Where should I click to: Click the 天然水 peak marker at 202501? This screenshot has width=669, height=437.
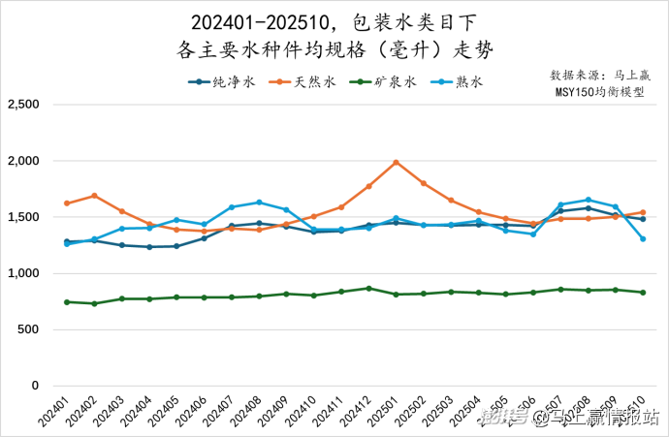coord(396,163)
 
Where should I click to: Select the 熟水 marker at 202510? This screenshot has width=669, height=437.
coord(642,238)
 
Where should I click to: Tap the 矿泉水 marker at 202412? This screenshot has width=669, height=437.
coord(368,288)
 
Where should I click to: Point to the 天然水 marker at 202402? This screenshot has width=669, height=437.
coord(94,196)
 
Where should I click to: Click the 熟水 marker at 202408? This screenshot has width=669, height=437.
coord(259,203)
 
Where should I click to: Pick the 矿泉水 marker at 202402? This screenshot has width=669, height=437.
coord(94,303)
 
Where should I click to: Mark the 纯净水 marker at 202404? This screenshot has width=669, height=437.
coord(149,247)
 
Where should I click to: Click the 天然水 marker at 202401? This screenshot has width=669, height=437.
coord(67,203)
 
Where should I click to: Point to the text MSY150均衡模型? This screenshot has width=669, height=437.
coord(598,93)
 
